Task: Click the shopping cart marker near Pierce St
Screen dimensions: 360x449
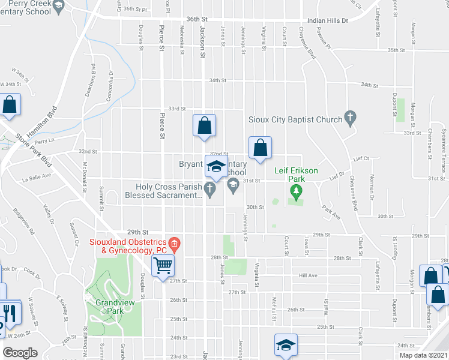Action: [163, 265]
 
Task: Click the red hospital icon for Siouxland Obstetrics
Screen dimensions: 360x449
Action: [174, 243]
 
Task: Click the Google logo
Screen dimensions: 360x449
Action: [20, 352]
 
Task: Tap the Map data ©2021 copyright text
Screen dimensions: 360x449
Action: [423, 355]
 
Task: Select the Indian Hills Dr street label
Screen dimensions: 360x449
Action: [327, 20]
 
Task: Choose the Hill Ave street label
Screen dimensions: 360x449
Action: [308, 275]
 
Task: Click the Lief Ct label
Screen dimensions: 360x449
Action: [361, 159]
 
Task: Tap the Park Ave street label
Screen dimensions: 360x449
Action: [330, 212]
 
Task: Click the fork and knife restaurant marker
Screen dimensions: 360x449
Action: [10, 313]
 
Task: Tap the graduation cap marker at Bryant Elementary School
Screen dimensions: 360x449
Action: [216, 166]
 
